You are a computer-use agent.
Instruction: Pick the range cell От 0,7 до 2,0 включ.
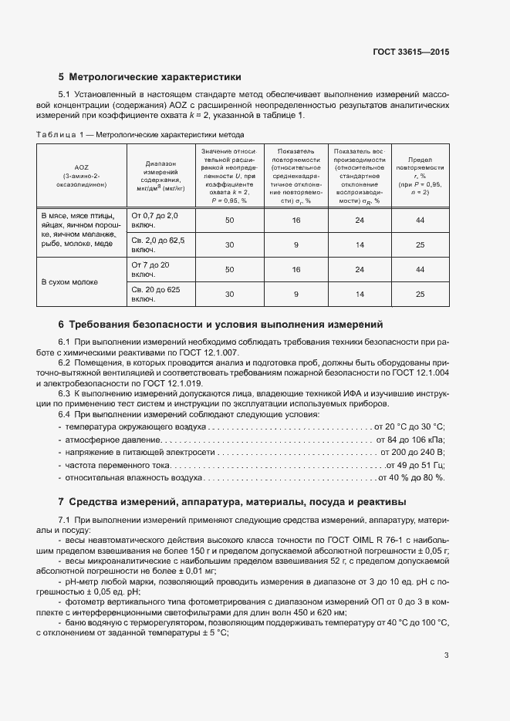pyautogui.click(x=155, y=221)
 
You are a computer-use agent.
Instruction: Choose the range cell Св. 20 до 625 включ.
pyautogui.click(x=157, y=294)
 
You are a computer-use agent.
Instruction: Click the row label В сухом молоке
pyautogui.click(x=69, y=282)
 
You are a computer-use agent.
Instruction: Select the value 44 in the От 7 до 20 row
pyautogui.click(x=420, y=270)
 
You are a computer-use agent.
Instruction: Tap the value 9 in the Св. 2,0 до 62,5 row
pyautogui.click(x=296, y=245)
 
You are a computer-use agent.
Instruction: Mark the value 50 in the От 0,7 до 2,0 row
pyautogui.click(x=229, y=221)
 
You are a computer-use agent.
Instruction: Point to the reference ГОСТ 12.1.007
pyautogui.click(x=209, y=352)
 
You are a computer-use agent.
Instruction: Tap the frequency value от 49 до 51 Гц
pyautogui.click(x=414, y=467)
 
